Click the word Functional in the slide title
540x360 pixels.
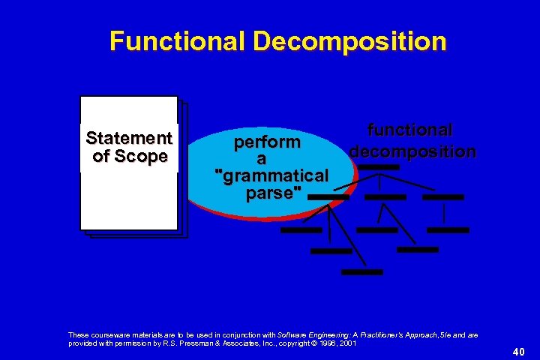click(177, 40)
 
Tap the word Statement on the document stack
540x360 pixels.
click(129, 139)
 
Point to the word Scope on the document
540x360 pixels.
click(148, 156)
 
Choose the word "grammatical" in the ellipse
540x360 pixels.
click(271, 176)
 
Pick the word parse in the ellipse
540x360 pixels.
click(271, 193)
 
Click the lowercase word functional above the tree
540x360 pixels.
click(410, 130)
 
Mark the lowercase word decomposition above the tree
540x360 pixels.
click(412, 151)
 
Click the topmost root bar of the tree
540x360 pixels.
click(379, 166)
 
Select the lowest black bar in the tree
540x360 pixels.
click(361, 271)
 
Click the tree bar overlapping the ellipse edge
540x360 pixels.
click(328, 196)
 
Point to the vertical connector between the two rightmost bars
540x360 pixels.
click(445, 213)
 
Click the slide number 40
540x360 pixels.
click(518, 350)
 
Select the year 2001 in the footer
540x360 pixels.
click(346, 343)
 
